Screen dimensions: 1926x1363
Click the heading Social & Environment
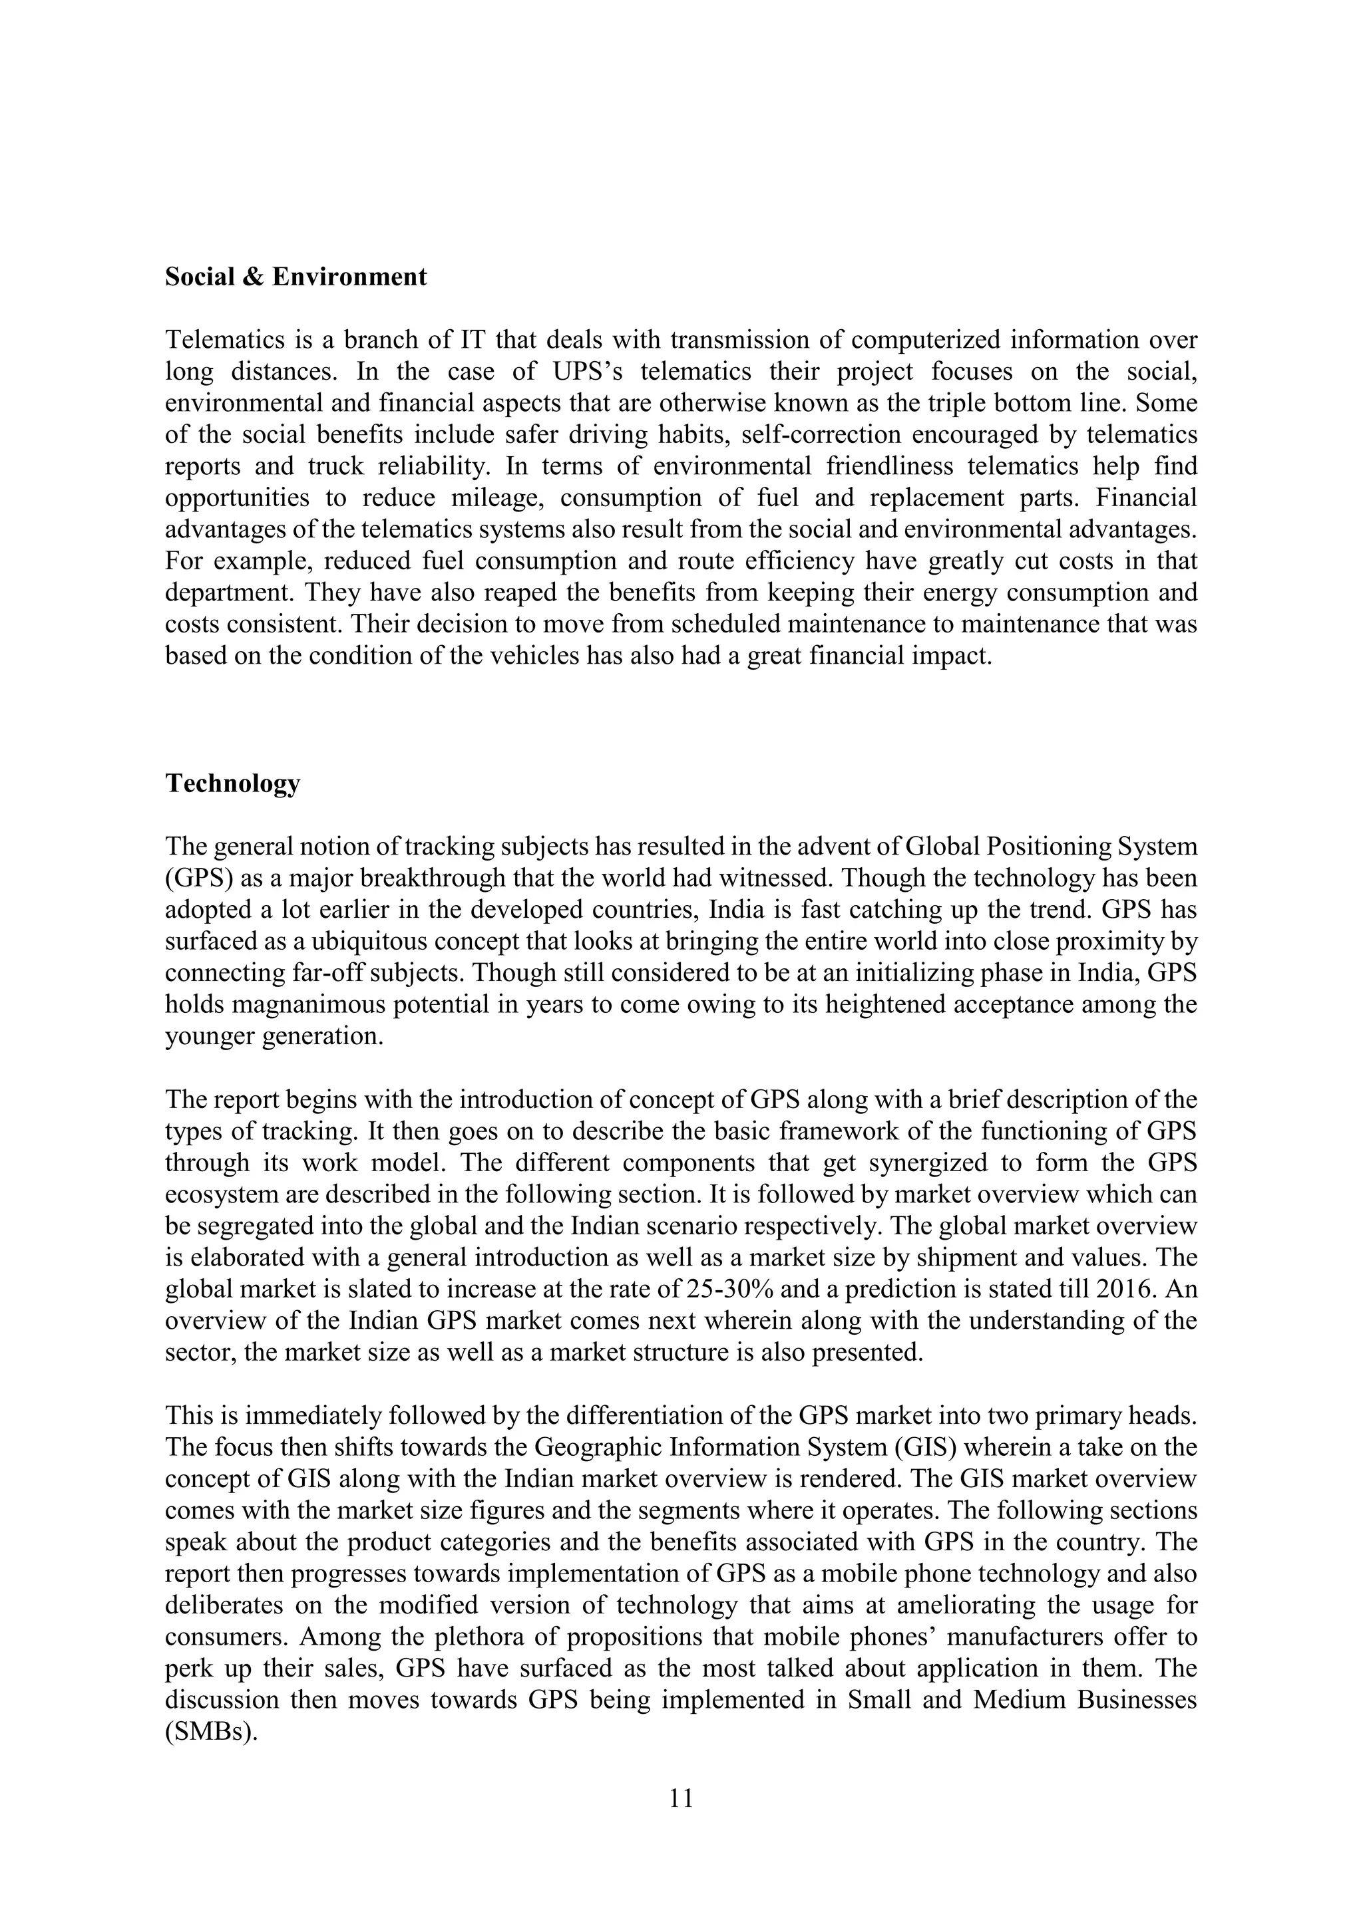tap(295, 277)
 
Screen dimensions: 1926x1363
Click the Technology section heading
tap(232, 783)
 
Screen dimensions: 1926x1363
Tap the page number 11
tap(681, 1798)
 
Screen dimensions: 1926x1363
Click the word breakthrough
tap(459, 879)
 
